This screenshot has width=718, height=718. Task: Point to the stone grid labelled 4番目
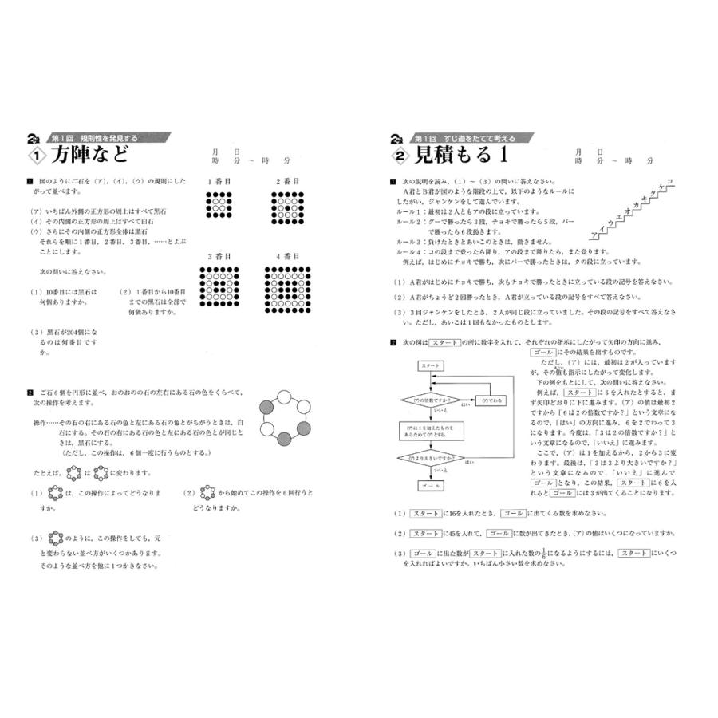[x=289, y=289]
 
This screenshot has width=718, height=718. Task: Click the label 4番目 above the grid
[x=289, y=258]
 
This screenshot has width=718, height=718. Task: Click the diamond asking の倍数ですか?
[x=430, y=400]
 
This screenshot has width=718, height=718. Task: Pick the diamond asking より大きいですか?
[x=430, y=458]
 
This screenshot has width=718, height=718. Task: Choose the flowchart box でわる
[x=492, y=400]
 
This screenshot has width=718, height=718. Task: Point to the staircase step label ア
[x=594, y=237]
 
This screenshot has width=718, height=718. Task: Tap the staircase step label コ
[x=669, y=182]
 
